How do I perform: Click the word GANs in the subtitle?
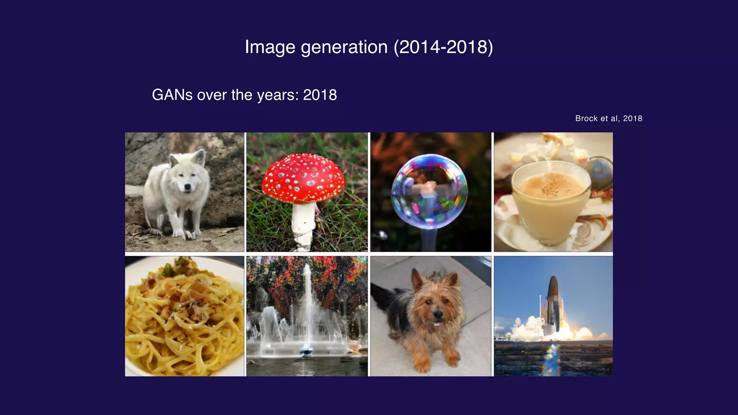tap(172, 95)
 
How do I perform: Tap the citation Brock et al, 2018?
tap(609, 119)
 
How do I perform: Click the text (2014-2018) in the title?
tap(443, 47)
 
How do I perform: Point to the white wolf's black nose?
tap(187, 187)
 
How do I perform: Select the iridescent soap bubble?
tap(429, 191)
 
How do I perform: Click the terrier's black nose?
tap(438, 314)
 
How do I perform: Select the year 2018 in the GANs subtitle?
tap(320, 95)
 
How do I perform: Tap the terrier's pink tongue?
tap(437, 324)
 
